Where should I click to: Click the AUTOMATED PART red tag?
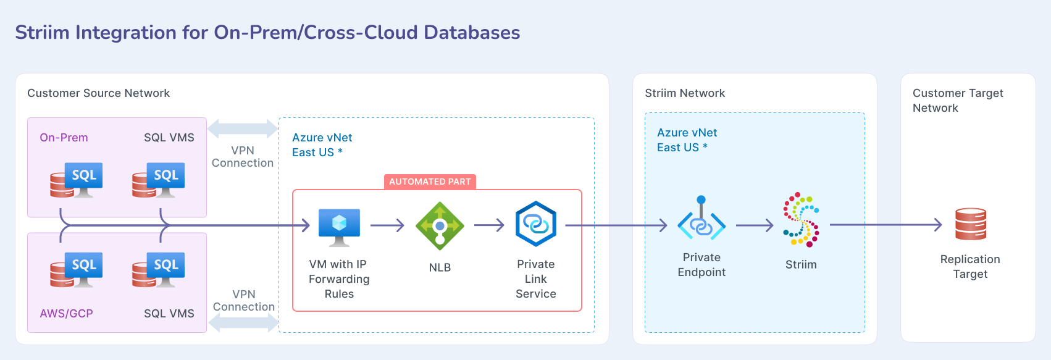coord(430,182)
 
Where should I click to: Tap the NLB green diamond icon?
coord(440,226)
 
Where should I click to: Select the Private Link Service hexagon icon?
coord(535,224)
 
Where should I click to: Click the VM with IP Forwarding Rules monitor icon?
coord(339,226)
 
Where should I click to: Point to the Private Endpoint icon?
coord(701,219)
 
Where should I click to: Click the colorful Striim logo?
coord(801,219)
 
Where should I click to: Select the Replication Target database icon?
coord(970,224)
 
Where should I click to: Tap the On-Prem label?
coord(64,138)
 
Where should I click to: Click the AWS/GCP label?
coord(66,313)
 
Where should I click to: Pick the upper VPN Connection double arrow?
coord(242,129)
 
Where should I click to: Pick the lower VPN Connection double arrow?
coord(243,322)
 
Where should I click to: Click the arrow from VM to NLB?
coord(387,225)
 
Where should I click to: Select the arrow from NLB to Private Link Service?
coord(490,225)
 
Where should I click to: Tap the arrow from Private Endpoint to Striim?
coord(755,225)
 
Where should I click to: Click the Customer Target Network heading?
coord(957,100)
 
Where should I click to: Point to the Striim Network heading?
coord(685,93)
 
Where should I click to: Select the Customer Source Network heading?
coord(98,93)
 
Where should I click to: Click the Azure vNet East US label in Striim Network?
coord(687,140)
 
